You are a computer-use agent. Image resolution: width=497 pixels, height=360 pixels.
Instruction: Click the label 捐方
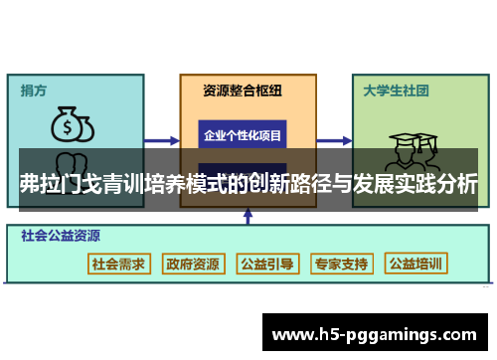35,90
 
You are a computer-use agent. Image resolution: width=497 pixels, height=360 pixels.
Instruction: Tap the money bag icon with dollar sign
72,125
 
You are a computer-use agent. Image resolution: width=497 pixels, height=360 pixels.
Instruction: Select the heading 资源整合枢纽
243,90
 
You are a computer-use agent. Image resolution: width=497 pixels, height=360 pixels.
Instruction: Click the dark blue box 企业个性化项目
243,135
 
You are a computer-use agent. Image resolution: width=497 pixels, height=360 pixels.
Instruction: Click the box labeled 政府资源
193,264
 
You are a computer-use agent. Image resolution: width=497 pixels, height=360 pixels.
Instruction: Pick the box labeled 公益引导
266,264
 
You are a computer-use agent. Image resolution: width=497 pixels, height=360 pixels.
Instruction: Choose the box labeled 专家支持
341,264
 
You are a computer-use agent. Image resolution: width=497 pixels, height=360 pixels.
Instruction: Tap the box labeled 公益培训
416,264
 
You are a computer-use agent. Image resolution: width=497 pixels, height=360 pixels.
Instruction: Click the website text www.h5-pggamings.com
380,334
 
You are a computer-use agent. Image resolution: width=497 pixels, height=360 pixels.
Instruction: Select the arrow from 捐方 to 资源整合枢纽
163,140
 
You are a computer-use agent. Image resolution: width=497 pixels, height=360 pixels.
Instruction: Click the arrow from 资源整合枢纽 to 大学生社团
330,140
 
